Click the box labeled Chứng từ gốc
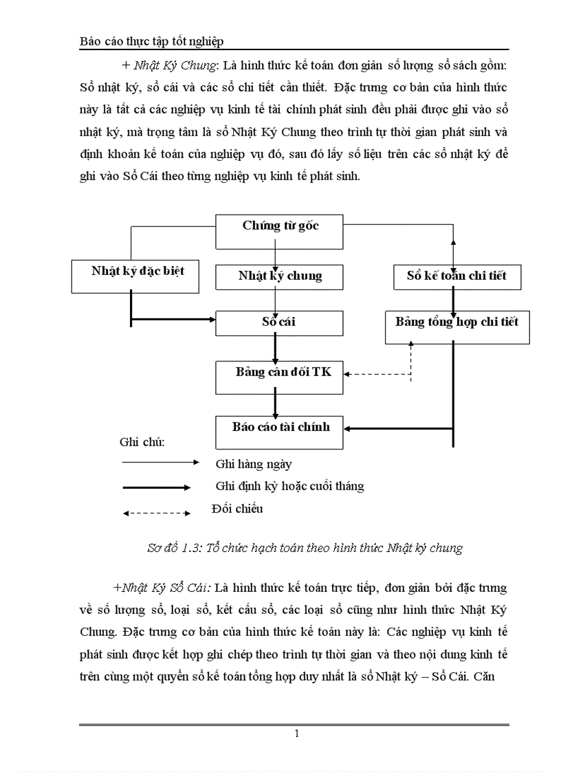(280, 232)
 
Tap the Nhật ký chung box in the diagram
(280, 276)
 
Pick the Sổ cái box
(279, 322)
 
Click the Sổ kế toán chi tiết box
(456, 276)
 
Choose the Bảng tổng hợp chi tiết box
(456, 327)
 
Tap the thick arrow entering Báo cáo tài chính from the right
(399, 428)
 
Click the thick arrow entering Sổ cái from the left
(172, 318)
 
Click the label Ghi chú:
(142, 442)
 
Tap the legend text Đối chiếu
(236, 509)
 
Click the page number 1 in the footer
(296, 734)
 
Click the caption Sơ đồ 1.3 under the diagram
(305, 548)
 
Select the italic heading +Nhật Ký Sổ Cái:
(163, 588)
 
